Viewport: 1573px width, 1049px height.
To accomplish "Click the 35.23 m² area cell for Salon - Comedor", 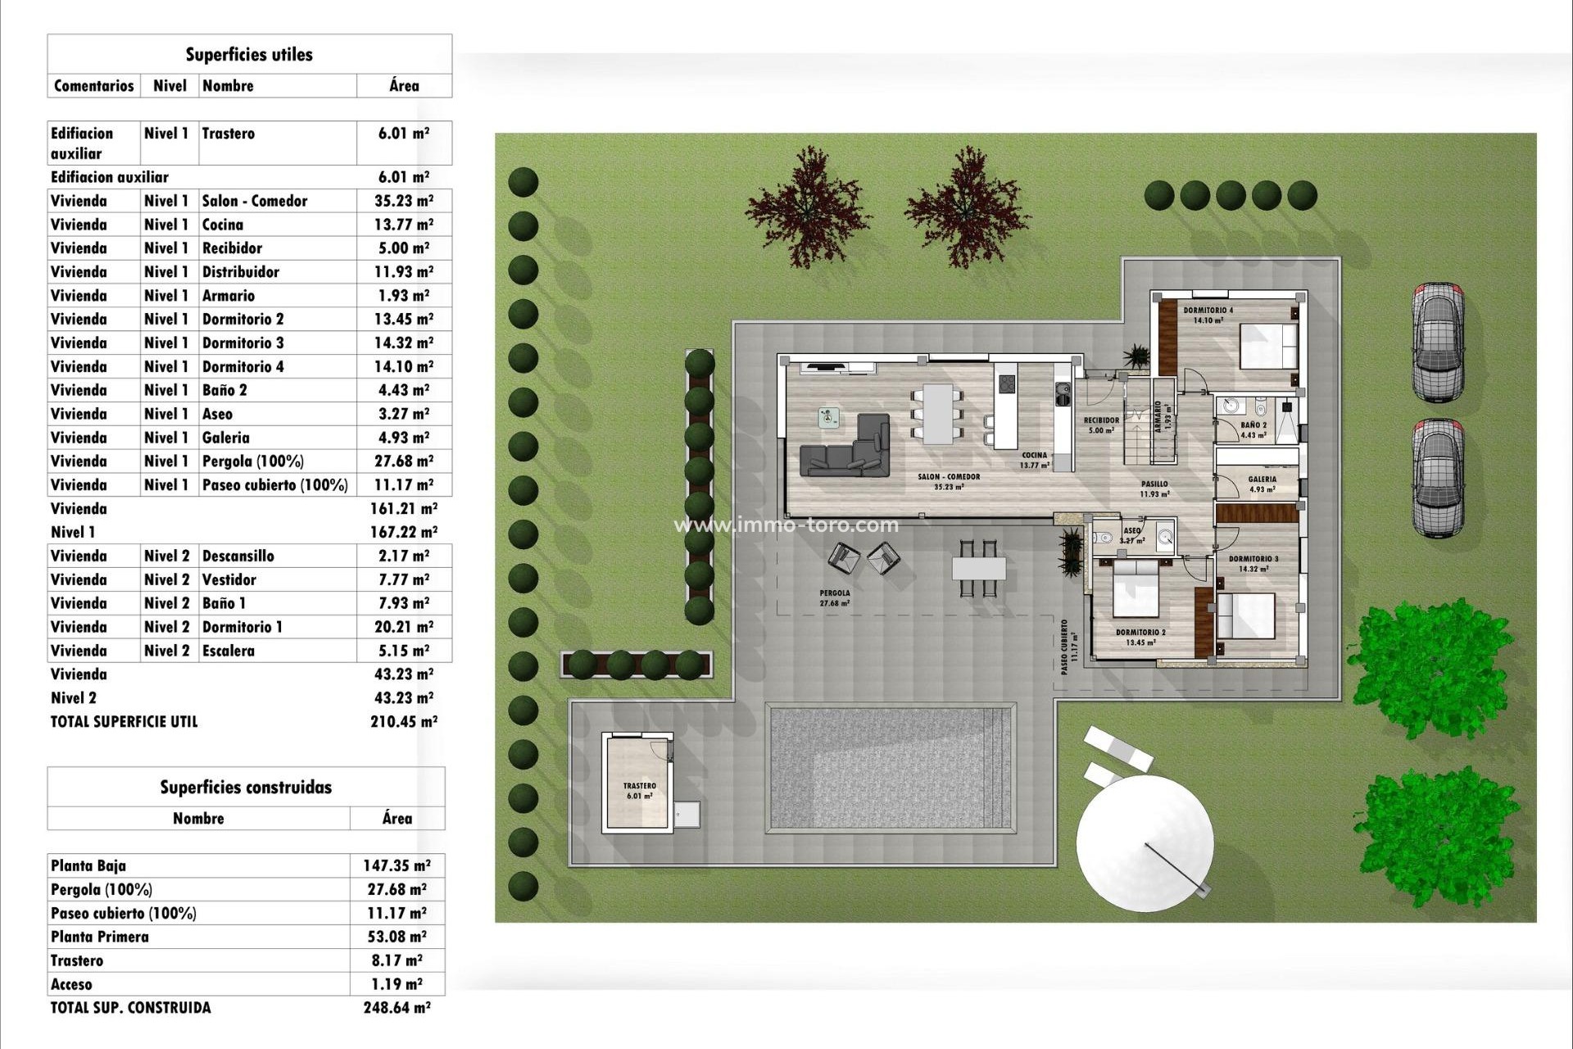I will pyautogui.click(x=403, y=201).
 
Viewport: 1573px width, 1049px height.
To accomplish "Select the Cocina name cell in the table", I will pyautogui.click(x=223, y=225).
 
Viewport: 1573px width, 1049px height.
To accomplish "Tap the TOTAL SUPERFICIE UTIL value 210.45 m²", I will pyautogui.click(x=403, y=722).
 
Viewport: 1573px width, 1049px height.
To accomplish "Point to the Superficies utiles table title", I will pyautogui.click(x=249, y=55).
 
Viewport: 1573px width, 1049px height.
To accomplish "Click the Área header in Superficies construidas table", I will pyautogui.click(x=397, y=818).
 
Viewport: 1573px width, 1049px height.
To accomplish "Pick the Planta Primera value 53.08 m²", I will pyautogui.click(x=397, y=937).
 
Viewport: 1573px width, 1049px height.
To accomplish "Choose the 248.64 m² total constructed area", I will pyautogui.click(x=397, y=1008).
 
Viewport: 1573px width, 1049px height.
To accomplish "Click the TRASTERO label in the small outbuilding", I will pyautogui.click(x=639, y=786).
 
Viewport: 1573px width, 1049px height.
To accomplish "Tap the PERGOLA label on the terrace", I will pyautogui.click(x=834, y=593).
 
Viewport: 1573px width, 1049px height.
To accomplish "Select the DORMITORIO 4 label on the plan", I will pyautogui.click(x=1208, y=311).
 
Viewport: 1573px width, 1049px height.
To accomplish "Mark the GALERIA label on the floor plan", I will pyautogui.click(x=1262, y=479).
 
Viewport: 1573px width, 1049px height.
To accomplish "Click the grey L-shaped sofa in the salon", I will pyautogui.click(x=848, y=451).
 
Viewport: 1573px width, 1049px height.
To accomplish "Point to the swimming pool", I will pyautogui.click(x=891, y=769).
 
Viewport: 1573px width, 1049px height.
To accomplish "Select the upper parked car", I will pyautogui.click(x=1438, y=342).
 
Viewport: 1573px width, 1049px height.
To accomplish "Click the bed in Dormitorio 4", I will pyautogui.click(x=1267, y=346).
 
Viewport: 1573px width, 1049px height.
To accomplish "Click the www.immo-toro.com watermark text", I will pyautogui.click(x=786, y=525).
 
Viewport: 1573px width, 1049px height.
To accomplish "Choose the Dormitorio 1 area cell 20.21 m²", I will pyautogui.click(x=403, y=627).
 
